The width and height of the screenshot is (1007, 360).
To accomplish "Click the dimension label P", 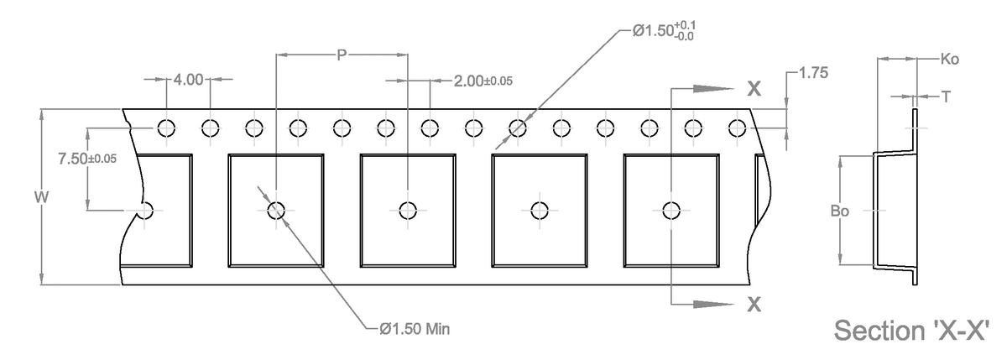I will click(341, 55).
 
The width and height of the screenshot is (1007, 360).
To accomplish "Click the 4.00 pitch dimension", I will click(188, 80).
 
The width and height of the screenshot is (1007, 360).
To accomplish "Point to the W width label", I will click(40, 197).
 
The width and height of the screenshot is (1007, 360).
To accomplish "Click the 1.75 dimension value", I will click(813, 73).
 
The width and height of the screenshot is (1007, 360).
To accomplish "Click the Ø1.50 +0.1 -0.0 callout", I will click(663, 31).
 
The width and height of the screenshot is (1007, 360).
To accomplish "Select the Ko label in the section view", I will click(950, 60).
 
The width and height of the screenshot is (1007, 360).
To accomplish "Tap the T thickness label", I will click(946, 97).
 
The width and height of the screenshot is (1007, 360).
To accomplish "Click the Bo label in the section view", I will click(839, 211).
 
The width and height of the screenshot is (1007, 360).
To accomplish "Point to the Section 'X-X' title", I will click(917, 330).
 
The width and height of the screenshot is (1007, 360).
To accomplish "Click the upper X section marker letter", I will click(754, 89).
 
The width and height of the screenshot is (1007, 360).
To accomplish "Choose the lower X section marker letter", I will click(754, 305).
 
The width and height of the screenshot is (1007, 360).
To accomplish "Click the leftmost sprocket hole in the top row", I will click(166, 128).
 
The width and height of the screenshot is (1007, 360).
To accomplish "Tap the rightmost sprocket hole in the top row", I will click(738, 128).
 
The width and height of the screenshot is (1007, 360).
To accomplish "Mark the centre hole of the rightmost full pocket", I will click(670, 210).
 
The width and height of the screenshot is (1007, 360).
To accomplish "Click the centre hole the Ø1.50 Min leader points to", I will click(275, 211).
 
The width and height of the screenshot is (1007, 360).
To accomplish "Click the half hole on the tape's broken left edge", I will click(145, 210).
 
